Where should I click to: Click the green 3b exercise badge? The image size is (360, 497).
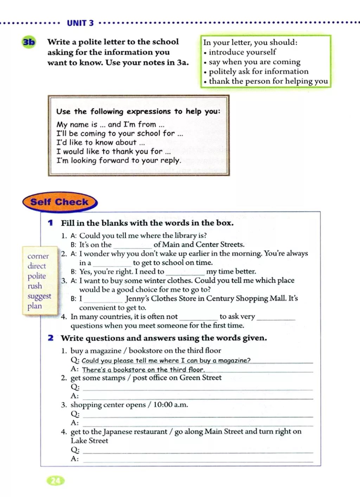tap(29, 42)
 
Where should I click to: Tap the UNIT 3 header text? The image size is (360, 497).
tap(80, 23)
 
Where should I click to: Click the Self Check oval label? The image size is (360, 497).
tap(59, 202)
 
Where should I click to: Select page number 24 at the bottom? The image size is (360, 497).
tap(56, 481)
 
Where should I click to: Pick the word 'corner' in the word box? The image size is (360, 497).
tap(38, 256)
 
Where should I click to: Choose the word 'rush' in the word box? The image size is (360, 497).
tap(35, 286)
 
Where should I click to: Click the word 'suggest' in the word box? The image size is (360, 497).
tap(39, 296)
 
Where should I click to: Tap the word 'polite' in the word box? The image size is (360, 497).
tap(37, 276)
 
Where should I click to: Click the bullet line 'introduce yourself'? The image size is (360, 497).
tap(242, 52)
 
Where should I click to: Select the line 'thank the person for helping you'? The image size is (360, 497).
tap(268, 81)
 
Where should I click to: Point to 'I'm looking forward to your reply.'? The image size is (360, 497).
tap(119, 161)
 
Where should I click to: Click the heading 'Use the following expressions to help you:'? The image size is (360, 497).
tap(138, 111)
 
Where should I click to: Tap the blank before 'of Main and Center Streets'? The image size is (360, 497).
tap(133, 245)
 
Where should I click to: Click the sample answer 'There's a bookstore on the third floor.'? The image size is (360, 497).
tap(143, 370)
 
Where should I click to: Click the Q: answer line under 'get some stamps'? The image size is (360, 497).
tap(198, 388)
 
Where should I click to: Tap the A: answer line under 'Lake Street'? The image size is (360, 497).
tap(198, 459)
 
